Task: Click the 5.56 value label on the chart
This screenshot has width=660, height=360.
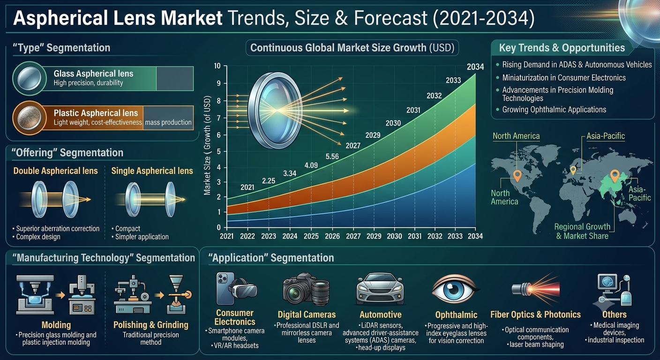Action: [332, 157]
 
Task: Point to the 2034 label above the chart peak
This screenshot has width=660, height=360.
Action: [475, 67]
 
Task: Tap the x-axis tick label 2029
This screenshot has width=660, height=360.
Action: [374, 236]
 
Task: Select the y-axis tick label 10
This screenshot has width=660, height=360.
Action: [217, 66]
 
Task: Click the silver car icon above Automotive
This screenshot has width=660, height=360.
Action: [380, 289]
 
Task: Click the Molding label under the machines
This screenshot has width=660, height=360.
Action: [56, 325]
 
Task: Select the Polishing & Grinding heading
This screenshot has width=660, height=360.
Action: [151, 325]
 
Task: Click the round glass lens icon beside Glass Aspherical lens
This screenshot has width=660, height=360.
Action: [29, 78]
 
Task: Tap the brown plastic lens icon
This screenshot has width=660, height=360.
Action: [29, 118]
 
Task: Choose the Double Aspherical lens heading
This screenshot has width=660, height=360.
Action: [55, 171]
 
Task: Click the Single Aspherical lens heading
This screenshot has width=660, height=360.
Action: [152, 171]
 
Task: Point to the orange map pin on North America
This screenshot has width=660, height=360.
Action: [517, 176]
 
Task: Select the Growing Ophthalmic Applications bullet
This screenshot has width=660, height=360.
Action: [554, 110]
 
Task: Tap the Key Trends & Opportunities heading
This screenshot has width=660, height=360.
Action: [562, 48]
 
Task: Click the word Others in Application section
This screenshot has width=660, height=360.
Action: [615, 315]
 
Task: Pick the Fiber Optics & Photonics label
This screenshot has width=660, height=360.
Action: [535, 315]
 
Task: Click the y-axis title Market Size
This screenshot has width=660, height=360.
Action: [207, 176]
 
